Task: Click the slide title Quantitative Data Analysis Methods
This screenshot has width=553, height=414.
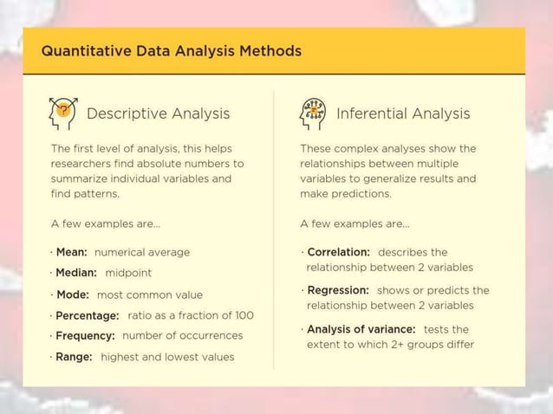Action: point(171,51)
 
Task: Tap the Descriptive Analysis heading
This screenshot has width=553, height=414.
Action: point(158,113)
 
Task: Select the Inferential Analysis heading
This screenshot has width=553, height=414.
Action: point(402,113)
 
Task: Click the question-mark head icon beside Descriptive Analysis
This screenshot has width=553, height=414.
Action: point(62,112)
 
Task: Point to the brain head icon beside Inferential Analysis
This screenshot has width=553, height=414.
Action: point(312,113)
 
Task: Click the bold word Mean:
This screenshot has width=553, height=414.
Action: point(72,252)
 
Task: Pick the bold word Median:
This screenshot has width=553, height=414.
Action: point(76,273)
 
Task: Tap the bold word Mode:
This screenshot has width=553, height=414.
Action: point(74,294)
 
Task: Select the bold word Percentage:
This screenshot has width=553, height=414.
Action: point(88,315)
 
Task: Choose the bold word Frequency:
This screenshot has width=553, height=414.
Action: point(86,335)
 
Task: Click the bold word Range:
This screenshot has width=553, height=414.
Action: point(75,356)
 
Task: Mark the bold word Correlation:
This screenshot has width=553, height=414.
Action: point(339,252)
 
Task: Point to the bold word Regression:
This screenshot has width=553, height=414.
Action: point(338,290)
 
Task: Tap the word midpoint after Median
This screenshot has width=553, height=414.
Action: point(128,273)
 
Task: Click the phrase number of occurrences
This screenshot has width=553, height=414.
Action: point(182,335)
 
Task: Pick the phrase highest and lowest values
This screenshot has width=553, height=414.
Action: point(167,356)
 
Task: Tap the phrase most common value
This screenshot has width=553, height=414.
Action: point(149,294)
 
